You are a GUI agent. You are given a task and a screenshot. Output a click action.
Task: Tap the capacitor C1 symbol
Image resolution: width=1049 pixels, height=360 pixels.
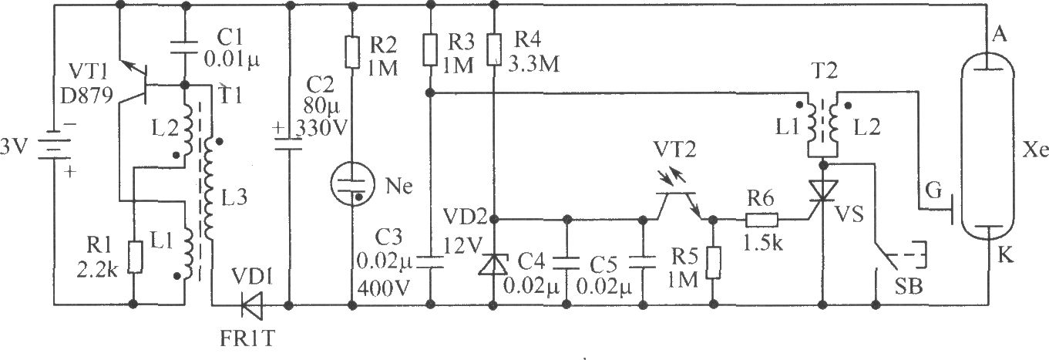[x=184, y=47]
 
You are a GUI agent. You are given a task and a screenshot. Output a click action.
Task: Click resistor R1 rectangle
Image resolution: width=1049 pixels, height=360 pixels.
[x=135, y=257]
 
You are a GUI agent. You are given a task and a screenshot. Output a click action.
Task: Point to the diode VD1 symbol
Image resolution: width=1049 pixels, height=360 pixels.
[x=251, y=305]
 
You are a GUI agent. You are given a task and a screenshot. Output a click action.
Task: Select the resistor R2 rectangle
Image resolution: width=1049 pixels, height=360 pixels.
[x=352, y=52]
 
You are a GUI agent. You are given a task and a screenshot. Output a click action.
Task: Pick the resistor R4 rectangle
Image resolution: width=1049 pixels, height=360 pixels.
[x=493, y=49]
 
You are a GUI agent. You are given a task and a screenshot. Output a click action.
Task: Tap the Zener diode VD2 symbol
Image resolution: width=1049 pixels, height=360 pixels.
[x=493, y=264]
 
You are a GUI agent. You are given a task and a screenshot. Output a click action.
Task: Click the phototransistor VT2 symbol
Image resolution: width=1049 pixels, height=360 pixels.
[x=677, y=194]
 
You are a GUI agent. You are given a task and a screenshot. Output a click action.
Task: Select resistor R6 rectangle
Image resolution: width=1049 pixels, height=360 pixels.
[x=762, y=219]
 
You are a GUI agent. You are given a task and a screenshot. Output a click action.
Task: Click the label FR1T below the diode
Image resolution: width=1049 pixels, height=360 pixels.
[x=247, y=338]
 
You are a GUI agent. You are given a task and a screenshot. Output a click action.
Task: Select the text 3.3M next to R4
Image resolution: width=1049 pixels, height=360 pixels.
[x=533, y=64]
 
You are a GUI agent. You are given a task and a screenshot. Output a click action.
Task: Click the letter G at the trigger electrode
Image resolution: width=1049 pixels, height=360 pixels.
[x=933, y=191]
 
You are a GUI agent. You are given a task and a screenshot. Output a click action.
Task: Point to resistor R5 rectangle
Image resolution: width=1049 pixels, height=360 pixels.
[x=714, y=263]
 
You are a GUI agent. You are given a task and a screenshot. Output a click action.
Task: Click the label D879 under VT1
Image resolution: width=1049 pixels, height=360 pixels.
[x=86, y=95]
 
